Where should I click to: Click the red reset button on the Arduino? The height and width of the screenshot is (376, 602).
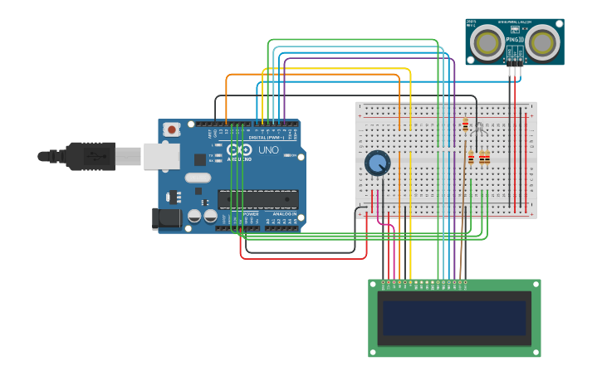coord(171,129)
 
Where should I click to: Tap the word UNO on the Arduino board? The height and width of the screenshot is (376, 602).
coord(268,150)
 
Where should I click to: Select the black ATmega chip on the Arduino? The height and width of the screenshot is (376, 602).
coord(257,198)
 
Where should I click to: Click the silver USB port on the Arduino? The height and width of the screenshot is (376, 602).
coord(161,156)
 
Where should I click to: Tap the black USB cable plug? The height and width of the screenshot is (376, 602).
coord(91,156)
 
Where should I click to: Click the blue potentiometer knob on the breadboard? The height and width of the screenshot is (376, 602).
coord(377,163)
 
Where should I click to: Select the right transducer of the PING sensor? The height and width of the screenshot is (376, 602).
coord(542,42)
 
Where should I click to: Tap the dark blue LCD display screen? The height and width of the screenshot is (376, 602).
coord(454,318)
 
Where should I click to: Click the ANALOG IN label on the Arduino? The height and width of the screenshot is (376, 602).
coord(285,213)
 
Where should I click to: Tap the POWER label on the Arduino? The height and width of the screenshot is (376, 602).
coord(251,213)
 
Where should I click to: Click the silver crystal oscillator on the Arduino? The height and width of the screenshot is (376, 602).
coord(198,177)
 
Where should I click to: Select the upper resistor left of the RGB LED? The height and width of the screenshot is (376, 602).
coord(465,125)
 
